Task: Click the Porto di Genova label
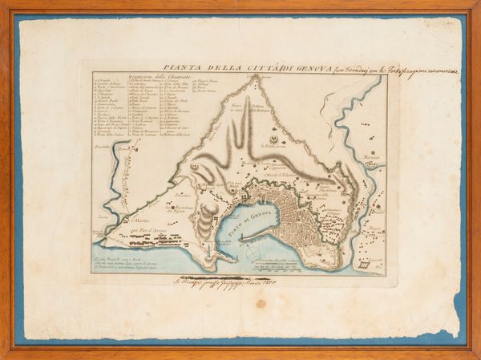[x=257, y=211]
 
